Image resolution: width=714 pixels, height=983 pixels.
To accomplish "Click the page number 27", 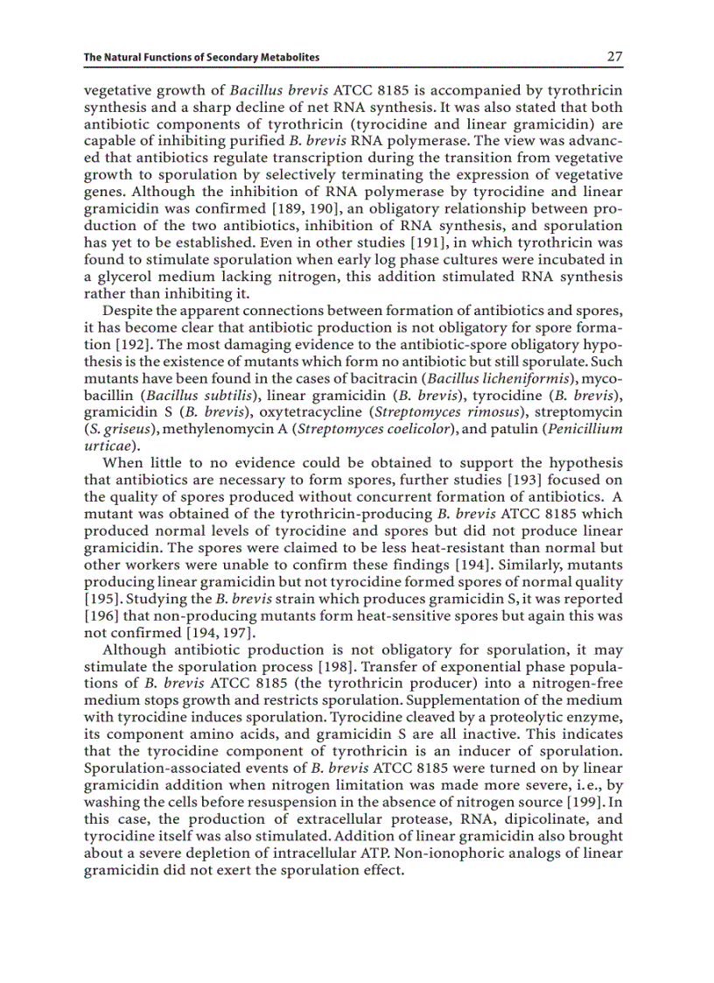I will (614, 57).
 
